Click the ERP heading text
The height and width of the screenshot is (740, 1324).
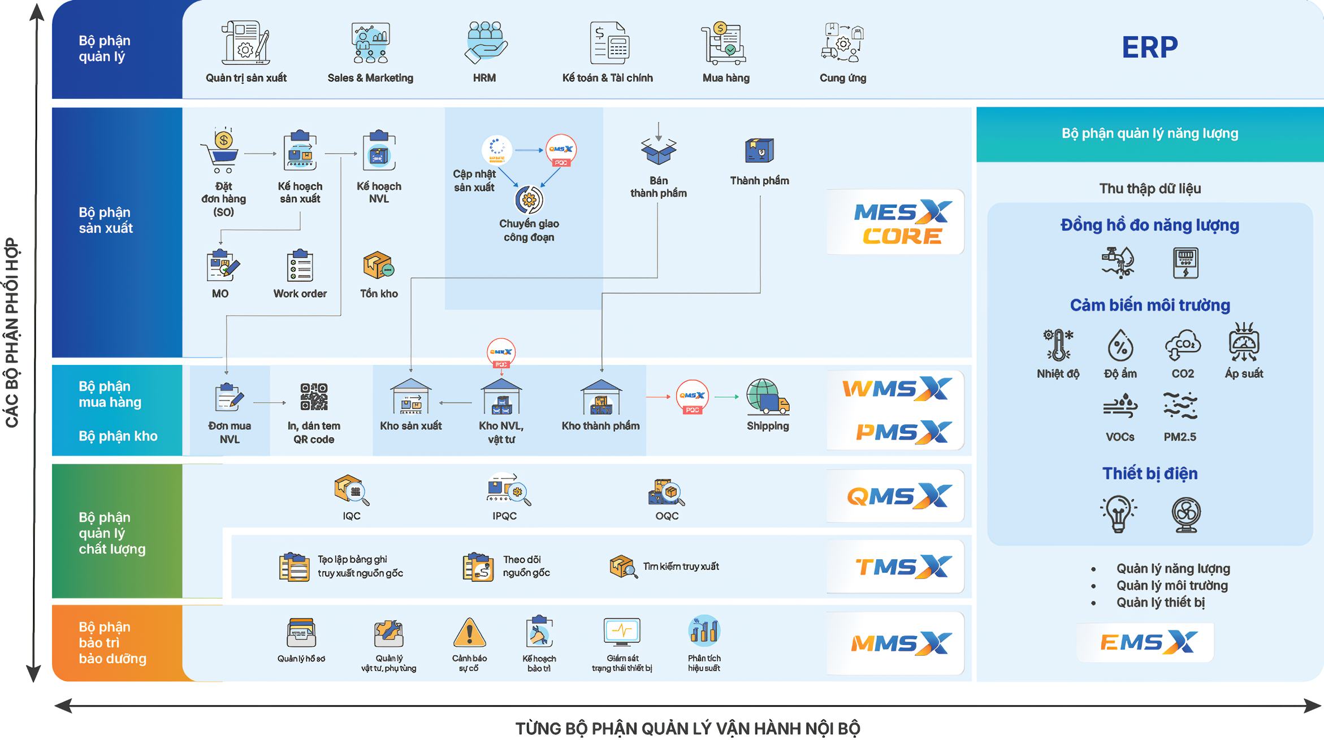pyautogui.click(x=1149, y=47)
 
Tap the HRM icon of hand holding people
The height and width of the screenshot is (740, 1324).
pyautogui.click(x=485, y=42)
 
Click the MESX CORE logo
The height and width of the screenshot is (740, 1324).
pyautogui.click(x=901, y=222)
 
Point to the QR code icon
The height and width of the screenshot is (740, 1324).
pyautogui.click(x=314, y=397)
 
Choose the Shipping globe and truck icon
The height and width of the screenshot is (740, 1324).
pyautogui.click(x=767, y=397)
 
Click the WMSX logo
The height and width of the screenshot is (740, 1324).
pyautogui.click(x=897, y=389)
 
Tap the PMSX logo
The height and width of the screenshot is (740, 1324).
pyautogui.click(x=902, y=432)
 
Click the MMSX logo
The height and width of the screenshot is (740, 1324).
pyautogui.click(x=900, y=643)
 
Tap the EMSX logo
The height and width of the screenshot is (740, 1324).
pyautogui.click(x=1148, y=642)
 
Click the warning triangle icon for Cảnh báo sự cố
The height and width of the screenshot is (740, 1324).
pyautogui.click(x=469, y=632)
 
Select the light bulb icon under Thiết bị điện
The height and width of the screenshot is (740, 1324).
pyautogui.click(x=1118, y=513)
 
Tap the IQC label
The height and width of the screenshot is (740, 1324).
pyautogui.click(x=351, y=516)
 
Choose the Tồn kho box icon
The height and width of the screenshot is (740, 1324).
pyautogui.click(x=378, y=265)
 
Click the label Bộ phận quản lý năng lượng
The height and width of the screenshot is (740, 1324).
pyautogui.click(x=1149, y=134)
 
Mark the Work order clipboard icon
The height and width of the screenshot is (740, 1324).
pyautogui.click(x=300, y=265)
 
